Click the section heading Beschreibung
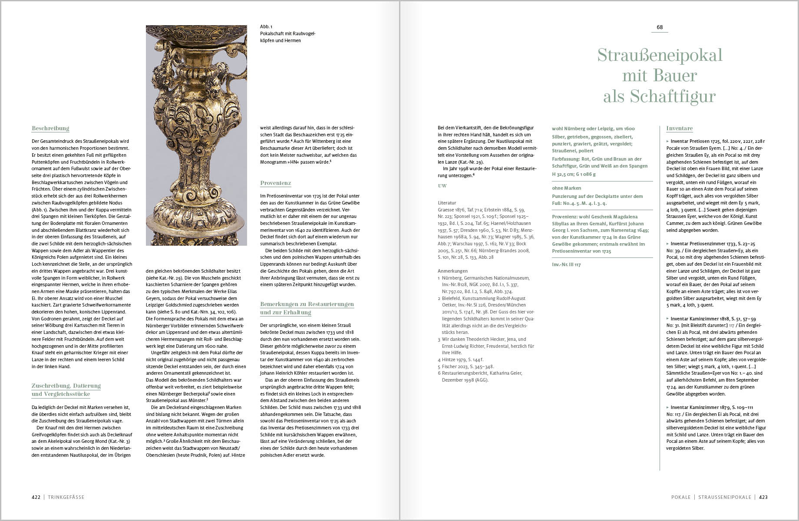tap(50, 129)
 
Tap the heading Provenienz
tap(275, 183)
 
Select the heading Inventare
tap(679, 129)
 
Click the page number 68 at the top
tap(660, 27)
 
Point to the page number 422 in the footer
tap(36, 497)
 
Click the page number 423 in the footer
tap(763, 497)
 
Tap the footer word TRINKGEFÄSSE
tap(66, 497)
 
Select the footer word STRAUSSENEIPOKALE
tap(724, 497)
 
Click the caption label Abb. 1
tap(266, 27)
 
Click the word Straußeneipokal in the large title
tap(660, 56)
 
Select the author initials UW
tap(442, 186)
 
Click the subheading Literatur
tap(447, 203)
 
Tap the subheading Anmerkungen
tap(453, 271)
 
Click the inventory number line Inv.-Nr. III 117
tap(566, 264)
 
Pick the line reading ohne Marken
tap(566, 188)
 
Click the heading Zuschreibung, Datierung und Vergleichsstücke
tap(66, 389)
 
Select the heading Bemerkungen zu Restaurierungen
tap(307, 304)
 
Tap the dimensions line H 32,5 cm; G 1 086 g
tap(574, 174)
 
